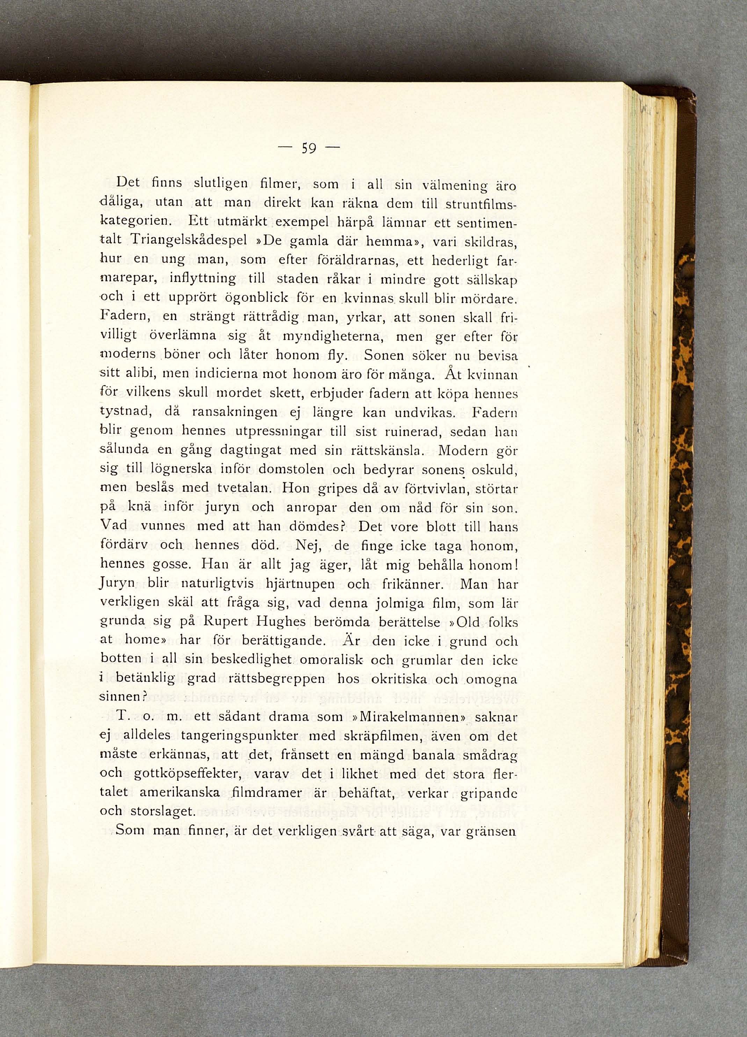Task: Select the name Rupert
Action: click(224, 623)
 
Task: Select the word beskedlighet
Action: click(252, 661)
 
